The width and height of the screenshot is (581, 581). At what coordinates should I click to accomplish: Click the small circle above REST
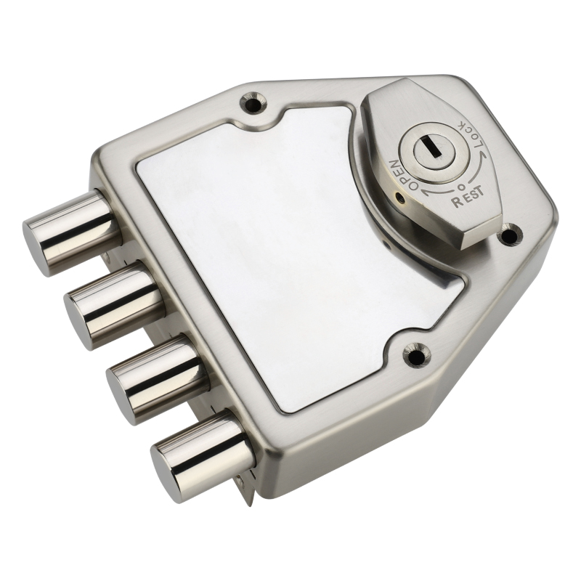pos(460,186)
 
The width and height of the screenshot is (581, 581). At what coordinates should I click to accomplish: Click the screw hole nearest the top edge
pos(253,101)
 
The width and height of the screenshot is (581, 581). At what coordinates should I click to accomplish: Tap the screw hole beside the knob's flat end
pos(511,235)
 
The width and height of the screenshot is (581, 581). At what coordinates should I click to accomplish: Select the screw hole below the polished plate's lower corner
pos(415,354)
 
